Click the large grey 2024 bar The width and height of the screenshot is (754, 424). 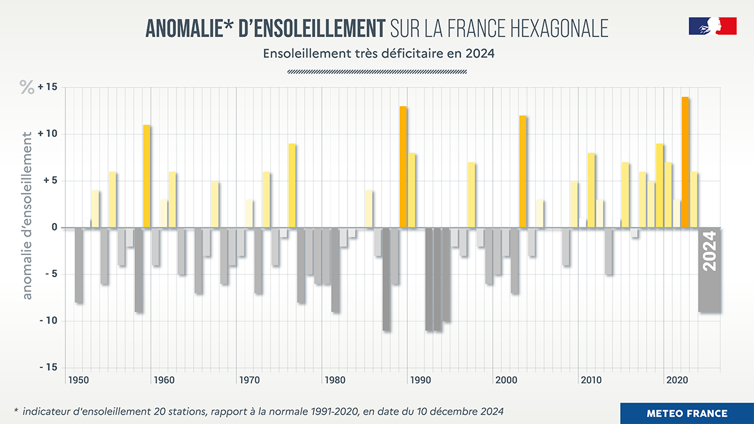pos(709,270)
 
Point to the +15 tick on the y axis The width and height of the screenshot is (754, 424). pos(47,87)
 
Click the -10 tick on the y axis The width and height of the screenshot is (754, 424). pos(47,321)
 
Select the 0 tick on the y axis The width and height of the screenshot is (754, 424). pos(54,227)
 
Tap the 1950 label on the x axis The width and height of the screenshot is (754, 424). pos(79,380)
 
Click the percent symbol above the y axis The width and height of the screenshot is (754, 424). pos(27,88)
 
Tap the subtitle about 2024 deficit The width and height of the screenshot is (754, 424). pos(379,53)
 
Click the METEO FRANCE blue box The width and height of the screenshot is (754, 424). pos(687,413)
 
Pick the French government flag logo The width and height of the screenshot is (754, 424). pos(713,26)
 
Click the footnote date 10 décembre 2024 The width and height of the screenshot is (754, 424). pos(457,412)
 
